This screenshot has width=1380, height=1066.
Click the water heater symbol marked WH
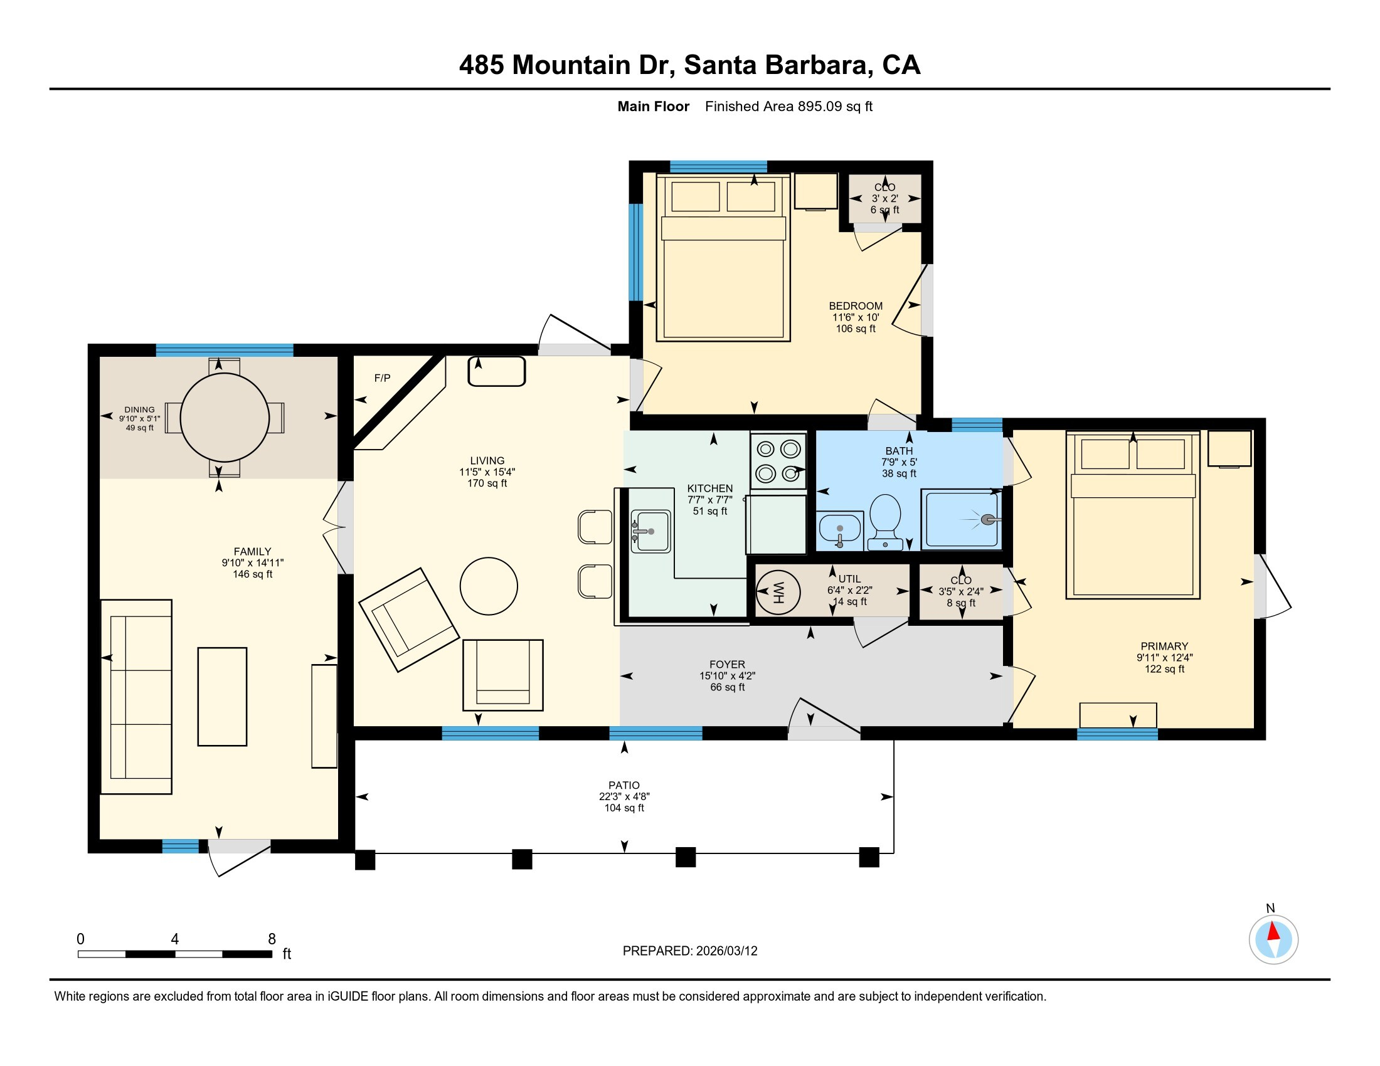pyautogui.click(x=778, y=593)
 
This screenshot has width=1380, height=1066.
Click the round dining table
pyautogui.click(x=225, y=418)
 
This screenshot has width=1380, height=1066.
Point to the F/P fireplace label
pyautogui.click(x=382, y=378)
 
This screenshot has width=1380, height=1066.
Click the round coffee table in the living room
pyautogui.click(x=489, y=586)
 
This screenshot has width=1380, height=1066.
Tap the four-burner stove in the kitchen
pyautogui.click(x=778, y=461)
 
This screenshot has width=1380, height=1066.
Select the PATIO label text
pyautogui.click(x=624, y=785)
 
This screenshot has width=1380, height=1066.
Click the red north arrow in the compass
pyautogui.click(x=1274, y=932)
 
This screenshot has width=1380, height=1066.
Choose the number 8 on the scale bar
pyautogui.click(x=272, y=939)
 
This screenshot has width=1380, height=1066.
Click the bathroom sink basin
pyautogui.click(x=839, y=528)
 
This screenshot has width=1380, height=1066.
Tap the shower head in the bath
pyautogui.click(x=987, y=520)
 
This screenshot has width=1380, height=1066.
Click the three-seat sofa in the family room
pyautogui.click(x=137, y=697)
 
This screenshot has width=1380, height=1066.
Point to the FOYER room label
pyautogui.click(x=726, y=664)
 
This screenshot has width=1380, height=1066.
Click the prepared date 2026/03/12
pyautogui.click(x=726, y=951)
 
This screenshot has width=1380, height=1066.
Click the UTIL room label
pyautogui.click(x=849, y=579)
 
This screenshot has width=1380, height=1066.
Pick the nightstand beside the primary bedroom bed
pyautogui.click(x=1229, y=448)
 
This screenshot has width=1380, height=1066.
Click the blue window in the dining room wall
pyautogui.click(x=225, y=350)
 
